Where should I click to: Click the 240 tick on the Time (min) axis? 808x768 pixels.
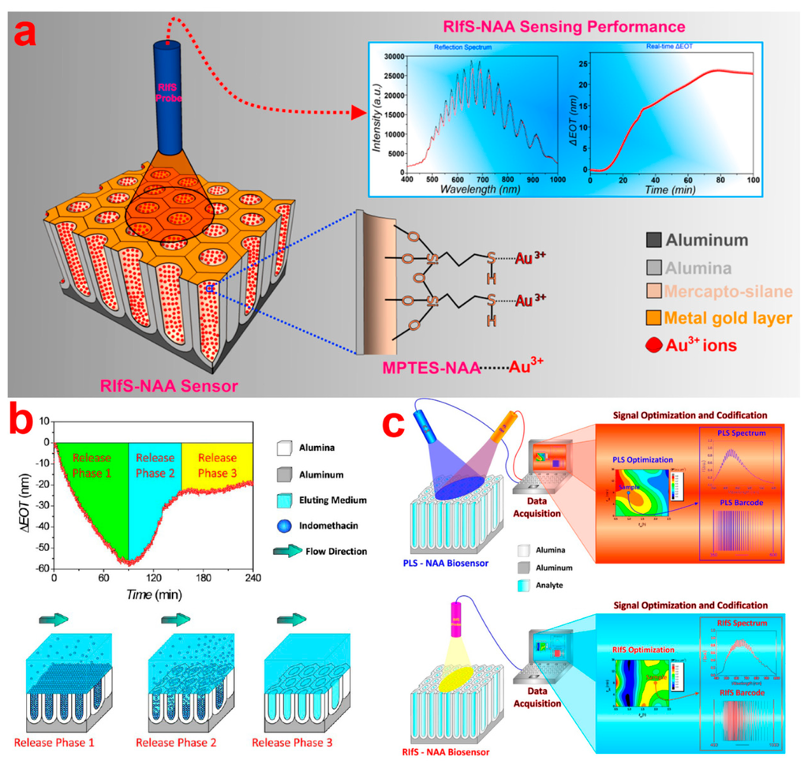click(252, 578)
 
